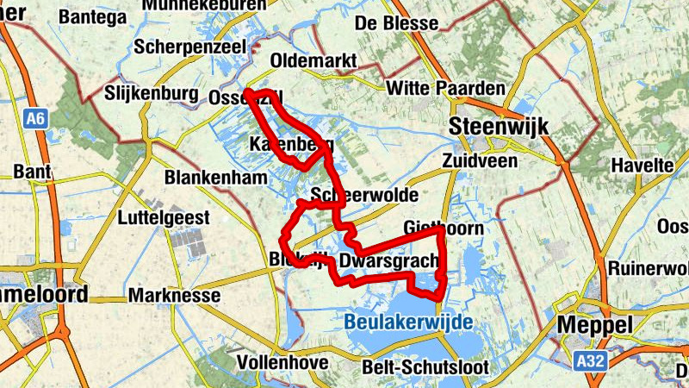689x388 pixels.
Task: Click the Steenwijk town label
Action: coord(500,128)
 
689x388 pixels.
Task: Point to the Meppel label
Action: coord(595,325)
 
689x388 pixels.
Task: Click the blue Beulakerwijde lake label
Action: coord(408,322)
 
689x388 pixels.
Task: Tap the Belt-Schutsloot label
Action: coord(425,368)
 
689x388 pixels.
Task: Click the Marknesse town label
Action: coord(175,296)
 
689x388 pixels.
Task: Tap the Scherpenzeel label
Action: coord(190,47)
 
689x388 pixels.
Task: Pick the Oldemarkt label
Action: coord(313,61)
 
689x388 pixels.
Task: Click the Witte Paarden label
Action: coord(446,89)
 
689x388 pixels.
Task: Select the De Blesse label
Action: coord(396,23)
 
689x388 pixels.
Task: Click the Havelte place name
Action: coord(642,165)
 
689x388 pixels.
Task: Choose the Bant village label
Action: coord(33,172)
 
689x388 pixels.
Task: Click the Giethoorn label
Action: coord(444,228)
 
